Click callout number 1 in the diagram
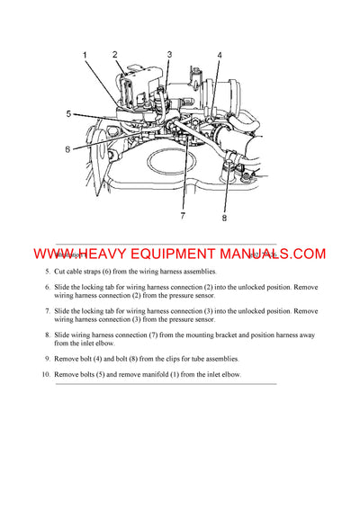point(85,56)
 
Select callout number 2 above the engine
point(115,55)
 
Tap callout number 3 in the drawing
point(168,55)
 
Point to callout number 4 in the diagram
point(219,56)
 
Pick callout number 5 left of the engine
point(67,114)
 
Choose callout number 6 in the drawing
point(67,148)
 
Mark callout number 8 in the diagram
point(225,217)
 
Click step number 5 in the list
point(48,272)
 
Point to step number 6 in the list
point(48,287)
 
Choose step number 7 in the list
point(48,311)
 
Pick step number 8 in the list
point(48,335)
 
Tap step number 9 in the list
point(48,359)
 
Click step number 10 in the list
point(45,374)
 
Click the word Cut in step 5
point(61,272)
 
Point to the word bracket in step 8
point(219,335)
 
